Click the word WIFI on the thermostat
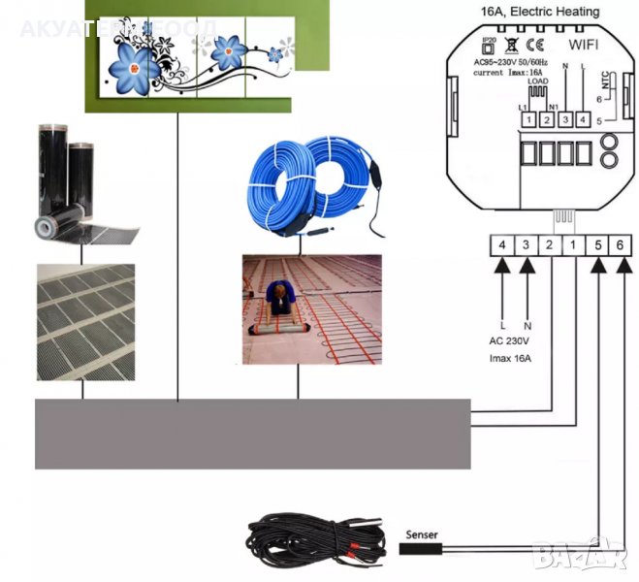point(582,45)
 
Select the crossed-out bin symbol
point(512,44)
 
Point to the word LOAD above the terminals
point(537,81)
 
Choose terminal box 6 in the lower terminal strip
point(620,246)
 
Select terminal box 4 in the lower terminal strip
point(501,246)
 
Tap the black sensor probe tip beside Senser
point(420,549)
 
